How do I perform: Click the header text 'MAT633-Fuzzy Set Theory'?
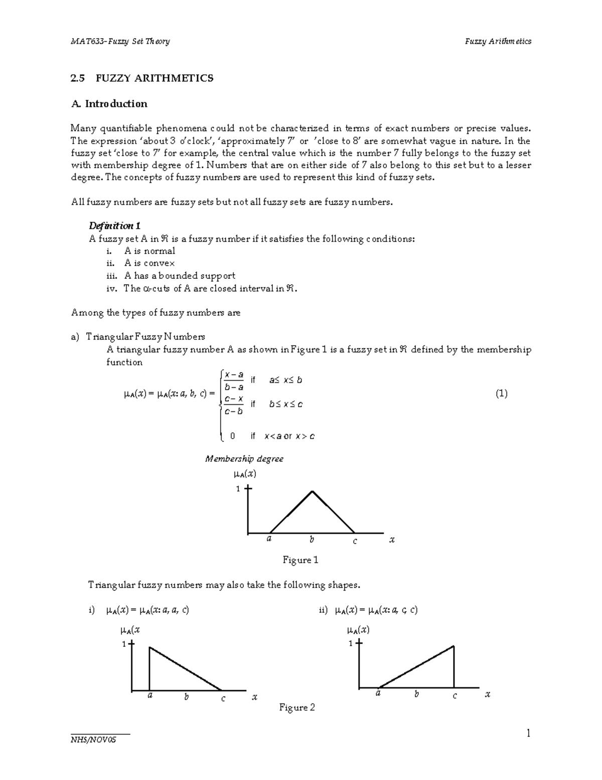coord(120,41)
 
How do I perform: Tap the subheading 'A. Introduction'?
coord(109,104)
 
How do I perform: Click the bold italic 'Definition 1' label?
coord(114,226)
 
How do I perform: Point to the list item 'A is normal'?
coord(149,251)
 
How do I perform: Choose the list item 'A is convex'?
coord(149,263)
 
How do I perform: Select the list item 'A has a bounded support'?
coord(180,276)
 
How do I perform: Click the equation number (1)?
coord(501,394)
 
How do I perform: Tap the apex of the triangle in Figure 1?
coord(313,491)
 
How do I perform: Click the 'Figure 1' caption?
coord(300,560)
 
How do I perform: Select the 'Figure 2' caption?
coord(297,708)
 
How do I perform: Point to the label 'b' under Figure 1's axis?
coord(312,540)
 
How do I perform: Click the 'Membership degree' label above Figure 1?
coord(244,459)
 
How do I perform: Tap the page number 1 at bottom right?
coord(528,734)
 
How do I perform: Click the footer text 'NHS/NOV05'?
coord(93,740)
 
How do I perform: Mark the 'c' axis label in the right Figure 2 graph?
coord(455,696)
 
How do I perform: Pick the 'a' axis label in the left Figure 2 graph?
coord(149,696)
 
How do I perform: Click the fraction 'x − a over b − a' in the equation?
coord(234,381)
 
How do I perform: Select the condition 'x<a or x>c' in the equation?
coord(289,436)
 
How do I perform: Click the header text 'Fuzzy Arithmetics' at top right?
coord(498,41)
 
